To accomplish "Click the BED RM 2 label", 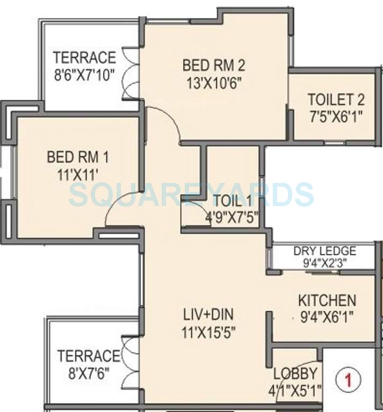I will click(214, 65).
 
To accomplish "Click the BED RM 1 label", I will click(78, 157).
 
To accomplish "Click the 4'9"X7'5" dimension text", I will click(232, 218).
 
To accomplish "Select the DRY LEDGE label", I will click(324, 251).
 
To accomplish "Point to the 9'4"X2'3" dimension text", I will click(324, 262).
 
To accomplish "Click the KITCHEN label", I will click(327, 300).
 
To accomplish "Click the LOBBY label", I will click(295, 374).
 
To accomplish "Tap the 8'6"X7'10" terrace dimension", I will click(85, 74).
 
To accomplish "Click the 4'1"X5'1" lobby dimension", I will click(295, 391).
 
